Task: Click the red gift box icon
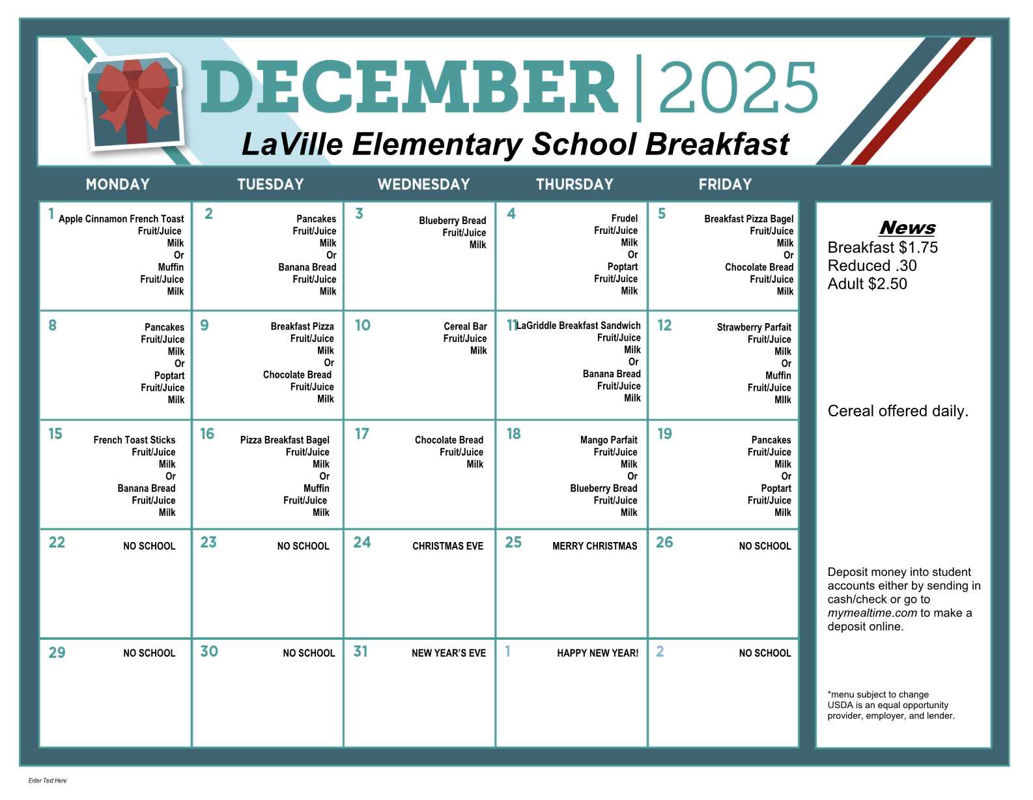pos(135,103)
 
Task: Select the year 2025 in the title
pos(738,88)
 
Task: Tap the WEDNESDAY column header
pos(423,184)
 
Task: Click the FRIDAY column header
pos(725,184)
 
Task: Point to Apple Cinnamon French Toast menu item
pos(121,219)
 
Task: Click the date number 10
pos(362,325)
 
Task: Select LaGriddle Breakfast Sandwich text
pos(578,326)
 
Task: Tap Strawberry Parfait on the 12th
pos(754,327)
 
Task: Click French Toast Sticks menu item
pos(134,440)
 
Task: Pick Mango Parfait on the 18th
pos(608,440)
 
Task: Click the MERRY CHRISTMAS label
pos(595,546)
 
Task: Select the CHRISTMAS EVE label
pos(447,546)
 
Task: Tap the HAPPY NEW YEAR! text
pos(597,653)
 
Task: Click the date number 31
pos(360,651)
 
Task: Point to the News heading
pos(907,227)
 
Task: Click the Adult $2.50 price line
pos(867,284)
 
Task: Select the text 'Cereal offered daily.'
pos(898,411)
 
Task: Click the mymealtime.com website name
pos(872,613)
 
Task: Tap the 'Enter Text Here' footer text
pos(48,780)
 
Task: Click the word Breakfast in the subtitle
pos(717,144)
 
